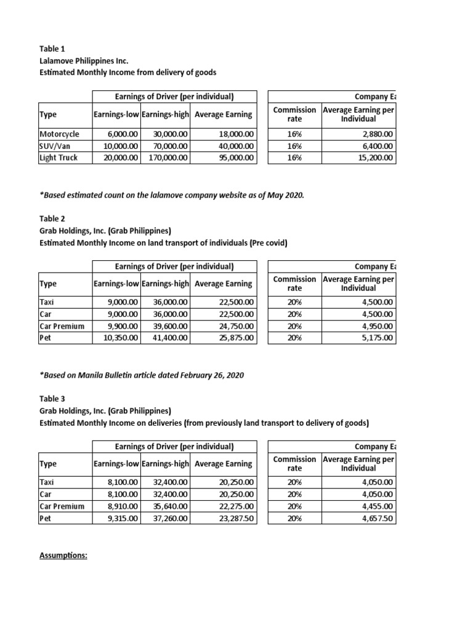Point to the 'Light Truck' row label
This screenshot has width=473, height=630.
coord(59,157)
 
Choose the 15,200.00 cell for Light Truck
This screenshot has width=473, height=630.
coord(374,157)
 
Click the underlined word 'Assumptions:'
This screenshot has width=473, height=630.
coord(63,556)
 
